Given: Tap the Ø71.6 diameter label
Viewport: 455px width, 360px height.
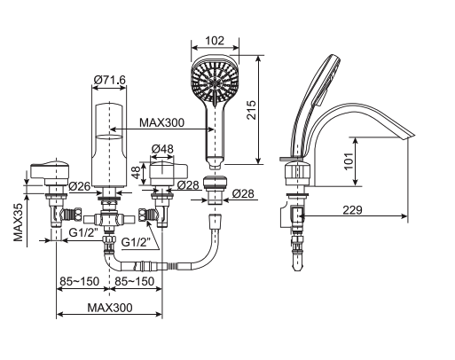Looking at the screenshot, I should tap(109, 81).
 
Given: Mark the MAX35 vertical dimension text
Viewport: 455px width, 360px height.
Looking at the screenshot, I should tap(18, 218).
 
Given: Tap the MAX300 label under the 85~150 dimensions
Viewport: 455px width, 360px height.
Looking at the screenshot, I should tap(111, 308).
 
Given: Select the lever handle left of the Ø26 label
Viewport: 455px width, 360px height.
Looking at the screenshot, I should tap(49, 170).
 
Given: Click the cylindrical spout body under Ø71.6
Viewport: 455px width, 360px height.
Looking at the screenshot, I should tap(109, 146).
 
